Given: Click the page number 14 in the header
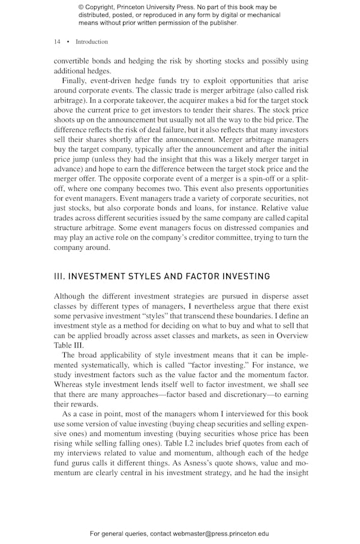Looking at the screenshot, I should point(57,42).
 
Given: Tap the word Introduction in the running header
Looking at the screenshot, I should point(92,42).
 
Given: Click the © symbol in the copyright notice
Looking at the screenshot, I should point(81,7).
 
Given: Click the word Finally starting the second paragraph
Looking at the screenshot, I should point(75,80).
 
